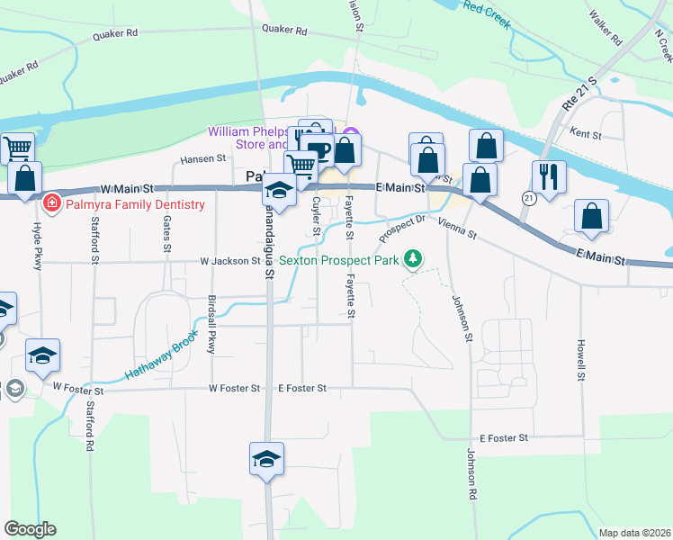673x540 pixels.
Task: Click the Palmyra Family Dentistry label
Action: tap(134, 204)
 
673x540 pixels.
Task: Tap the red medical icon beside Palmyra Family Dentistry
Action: tap(52, 204)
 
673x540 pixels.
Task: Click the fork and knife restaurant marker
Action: tap(548, 175)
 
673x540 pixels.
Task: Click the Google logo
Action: tap(30, 529)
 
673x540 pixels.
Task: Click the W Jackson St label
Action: tap(229, 262)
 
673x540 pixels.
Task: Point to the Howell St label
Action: tap(583, 357)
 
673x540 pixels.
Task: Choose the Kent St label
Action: tap(586, 132)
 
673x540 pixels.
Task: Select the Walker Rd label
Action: tap(604, 28)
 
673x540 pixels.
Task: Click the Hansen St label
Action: tap(202, 159)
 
